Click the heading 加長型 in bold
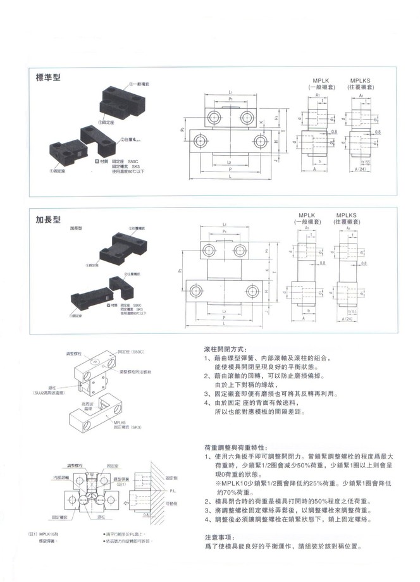(x=48, y=220)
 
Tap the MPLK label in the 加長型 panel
(x=307, y=215)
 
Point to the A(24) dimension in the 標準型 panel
(x=362, y=170)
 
